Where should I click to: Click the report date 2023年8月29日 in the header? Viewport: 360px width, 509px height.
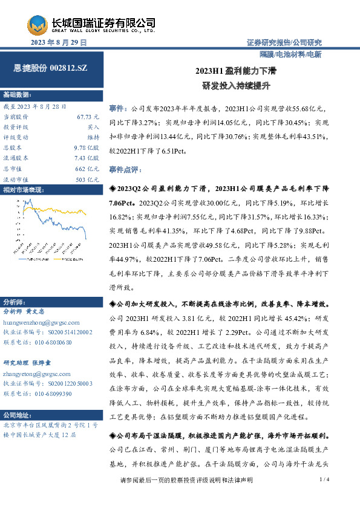pos(59,43)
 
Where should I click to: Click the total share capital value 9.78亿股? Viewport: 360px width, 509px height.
pos(87,147)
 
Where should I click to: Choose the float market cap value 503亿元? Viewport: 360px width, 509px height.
pos(88,180)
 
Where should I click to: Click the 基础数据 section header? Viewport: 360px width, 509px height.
pos(16,95)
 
